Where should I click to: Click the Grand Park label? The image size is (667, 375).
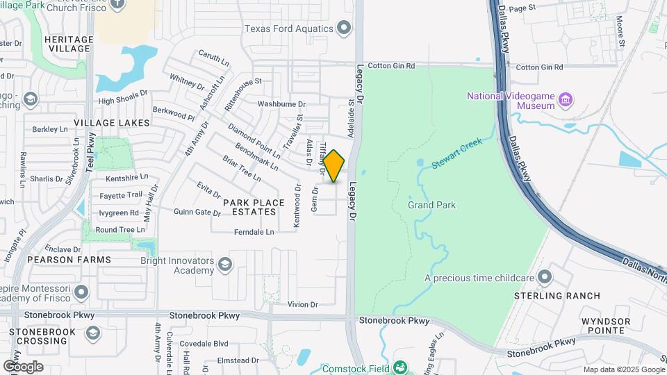tap(431, 205)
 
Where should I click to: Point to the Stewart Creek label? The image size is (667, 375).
tap(456, 153)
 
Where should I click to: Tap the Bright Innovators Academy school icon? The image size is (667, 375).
tap(224, 265)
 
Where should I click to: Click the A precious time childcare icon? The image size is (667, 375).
tap(545, 278)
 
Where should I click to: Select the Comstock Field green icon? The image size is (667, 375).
tap(400, 367)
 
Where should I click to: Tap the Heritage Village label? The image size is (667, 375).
tap(69, 44)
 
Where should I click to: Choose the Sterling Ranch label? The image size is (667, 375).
tap(557, 296)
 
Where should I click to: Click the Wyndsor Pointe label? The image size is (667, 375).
tap(606, 326)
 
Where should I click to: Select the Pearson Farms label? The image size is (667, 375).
tap(69, 260)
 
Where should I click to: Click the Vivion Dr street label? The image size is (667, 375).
tap(302, 304)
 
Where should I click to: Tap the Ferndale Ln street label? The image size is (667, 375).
tap(254, 231)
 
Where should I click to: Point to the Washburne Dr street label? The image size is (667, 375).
tap(277, 104)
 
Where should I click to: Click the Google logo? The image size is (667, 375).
tap(23, 367)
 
